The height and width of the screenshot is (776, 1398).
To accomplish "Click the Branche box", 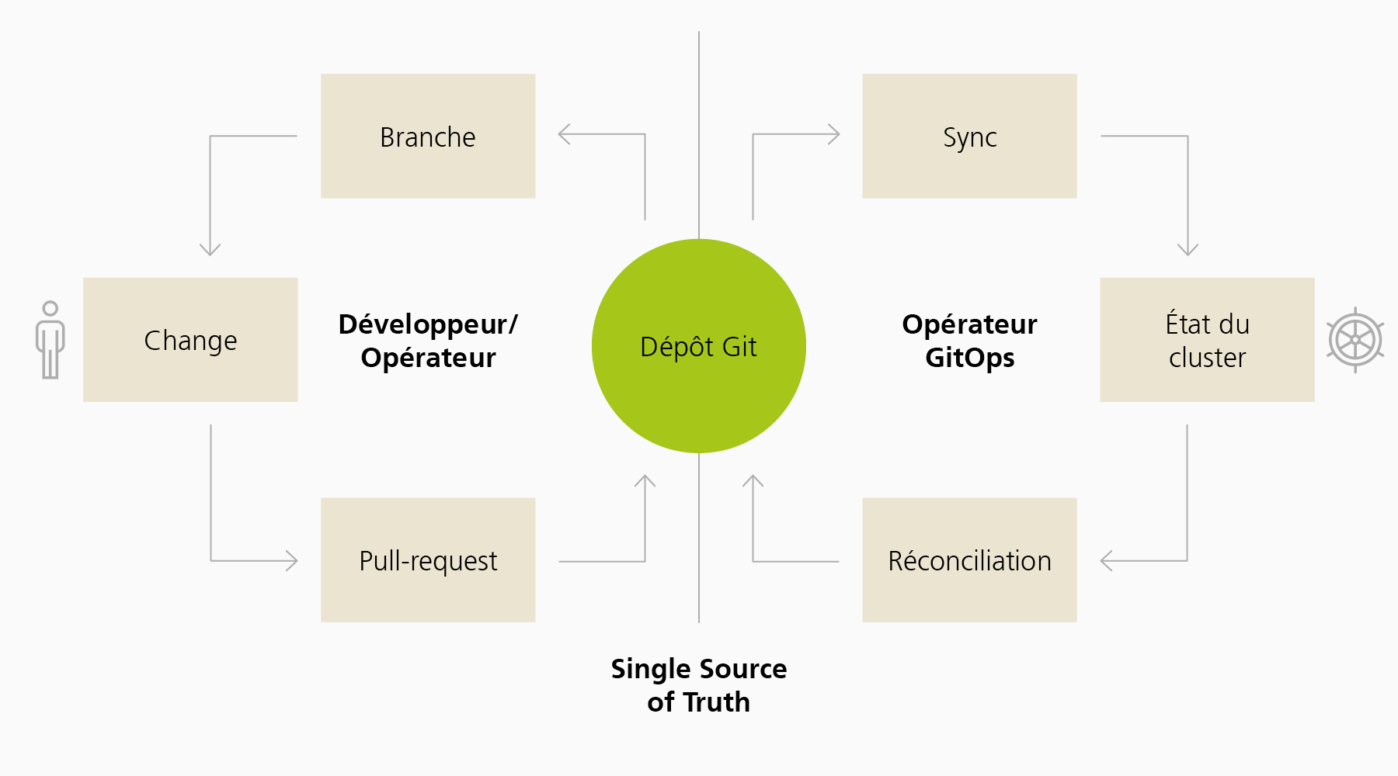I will (428, 136).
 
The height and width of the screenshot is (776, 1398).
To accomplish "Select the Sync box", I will (969, 136).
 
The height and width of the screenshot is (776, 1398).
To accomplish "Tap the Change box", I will (190, 340).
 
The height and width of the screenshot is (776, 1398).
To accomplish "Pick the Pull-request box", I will (428, 559).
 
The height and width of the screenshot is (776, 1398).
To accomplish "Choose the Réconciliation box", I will (969, 559).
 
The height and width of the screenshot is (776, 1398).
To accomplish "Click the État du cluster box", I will (1207, 340).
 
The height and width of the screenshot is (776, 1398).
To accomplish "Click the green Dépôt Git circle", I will (699, 346).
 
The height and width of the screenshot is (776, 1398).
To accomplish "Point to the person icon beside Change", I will (50, 340).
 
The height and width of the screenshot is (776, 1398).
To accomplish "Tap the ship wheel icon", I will (1355, 340).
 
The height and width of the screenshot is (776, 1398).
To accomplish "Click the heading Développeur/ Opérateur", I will (428, 341).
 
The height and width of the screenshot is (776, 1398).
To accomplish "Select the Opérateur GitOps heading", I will (969, 341).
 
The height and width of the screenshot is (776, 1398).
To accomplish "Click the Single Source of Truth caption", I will (699, 685).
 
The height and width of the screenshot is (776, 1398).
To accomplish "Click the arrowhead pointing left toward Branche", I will (564, 134).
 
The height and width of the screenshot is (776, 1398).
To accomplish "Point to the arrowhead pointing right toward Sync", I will (834, 134).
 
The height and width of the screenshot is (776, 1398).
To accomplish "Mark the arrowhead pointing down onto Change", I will (210, 249).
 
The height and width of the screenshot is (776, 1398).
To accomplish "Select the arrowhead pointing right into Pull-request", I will (292, 560).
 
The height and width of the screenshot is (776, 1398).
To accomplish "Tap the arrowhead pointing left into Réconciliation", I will (1106, 560).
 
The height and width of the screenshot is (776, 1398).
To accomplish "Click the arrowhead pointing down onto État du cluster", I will (1188, 249).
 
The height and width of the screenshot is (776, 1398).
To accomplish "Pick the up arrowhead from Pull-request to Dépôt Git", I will (645, 480).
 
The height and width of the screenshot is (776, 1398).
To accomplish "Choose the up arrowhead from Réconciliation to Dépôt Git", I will (753, 480).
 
